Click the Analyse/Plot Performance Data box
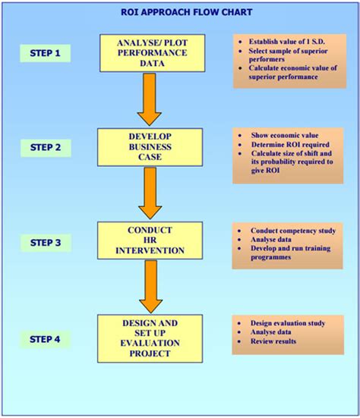pyautogui.click(x=151, y=53)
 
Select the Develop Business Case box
pyautogui.click(x=151, y=146)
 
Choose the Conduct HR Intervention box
pyautogui.click(x=151, y=240)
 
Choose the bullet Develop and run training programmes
pyautogui.click(x=292, y=253)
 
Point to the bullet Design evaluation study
pyautogui.click(x=288, y=323)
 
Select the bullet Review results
pyautogui.click(x=275, y=343)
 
